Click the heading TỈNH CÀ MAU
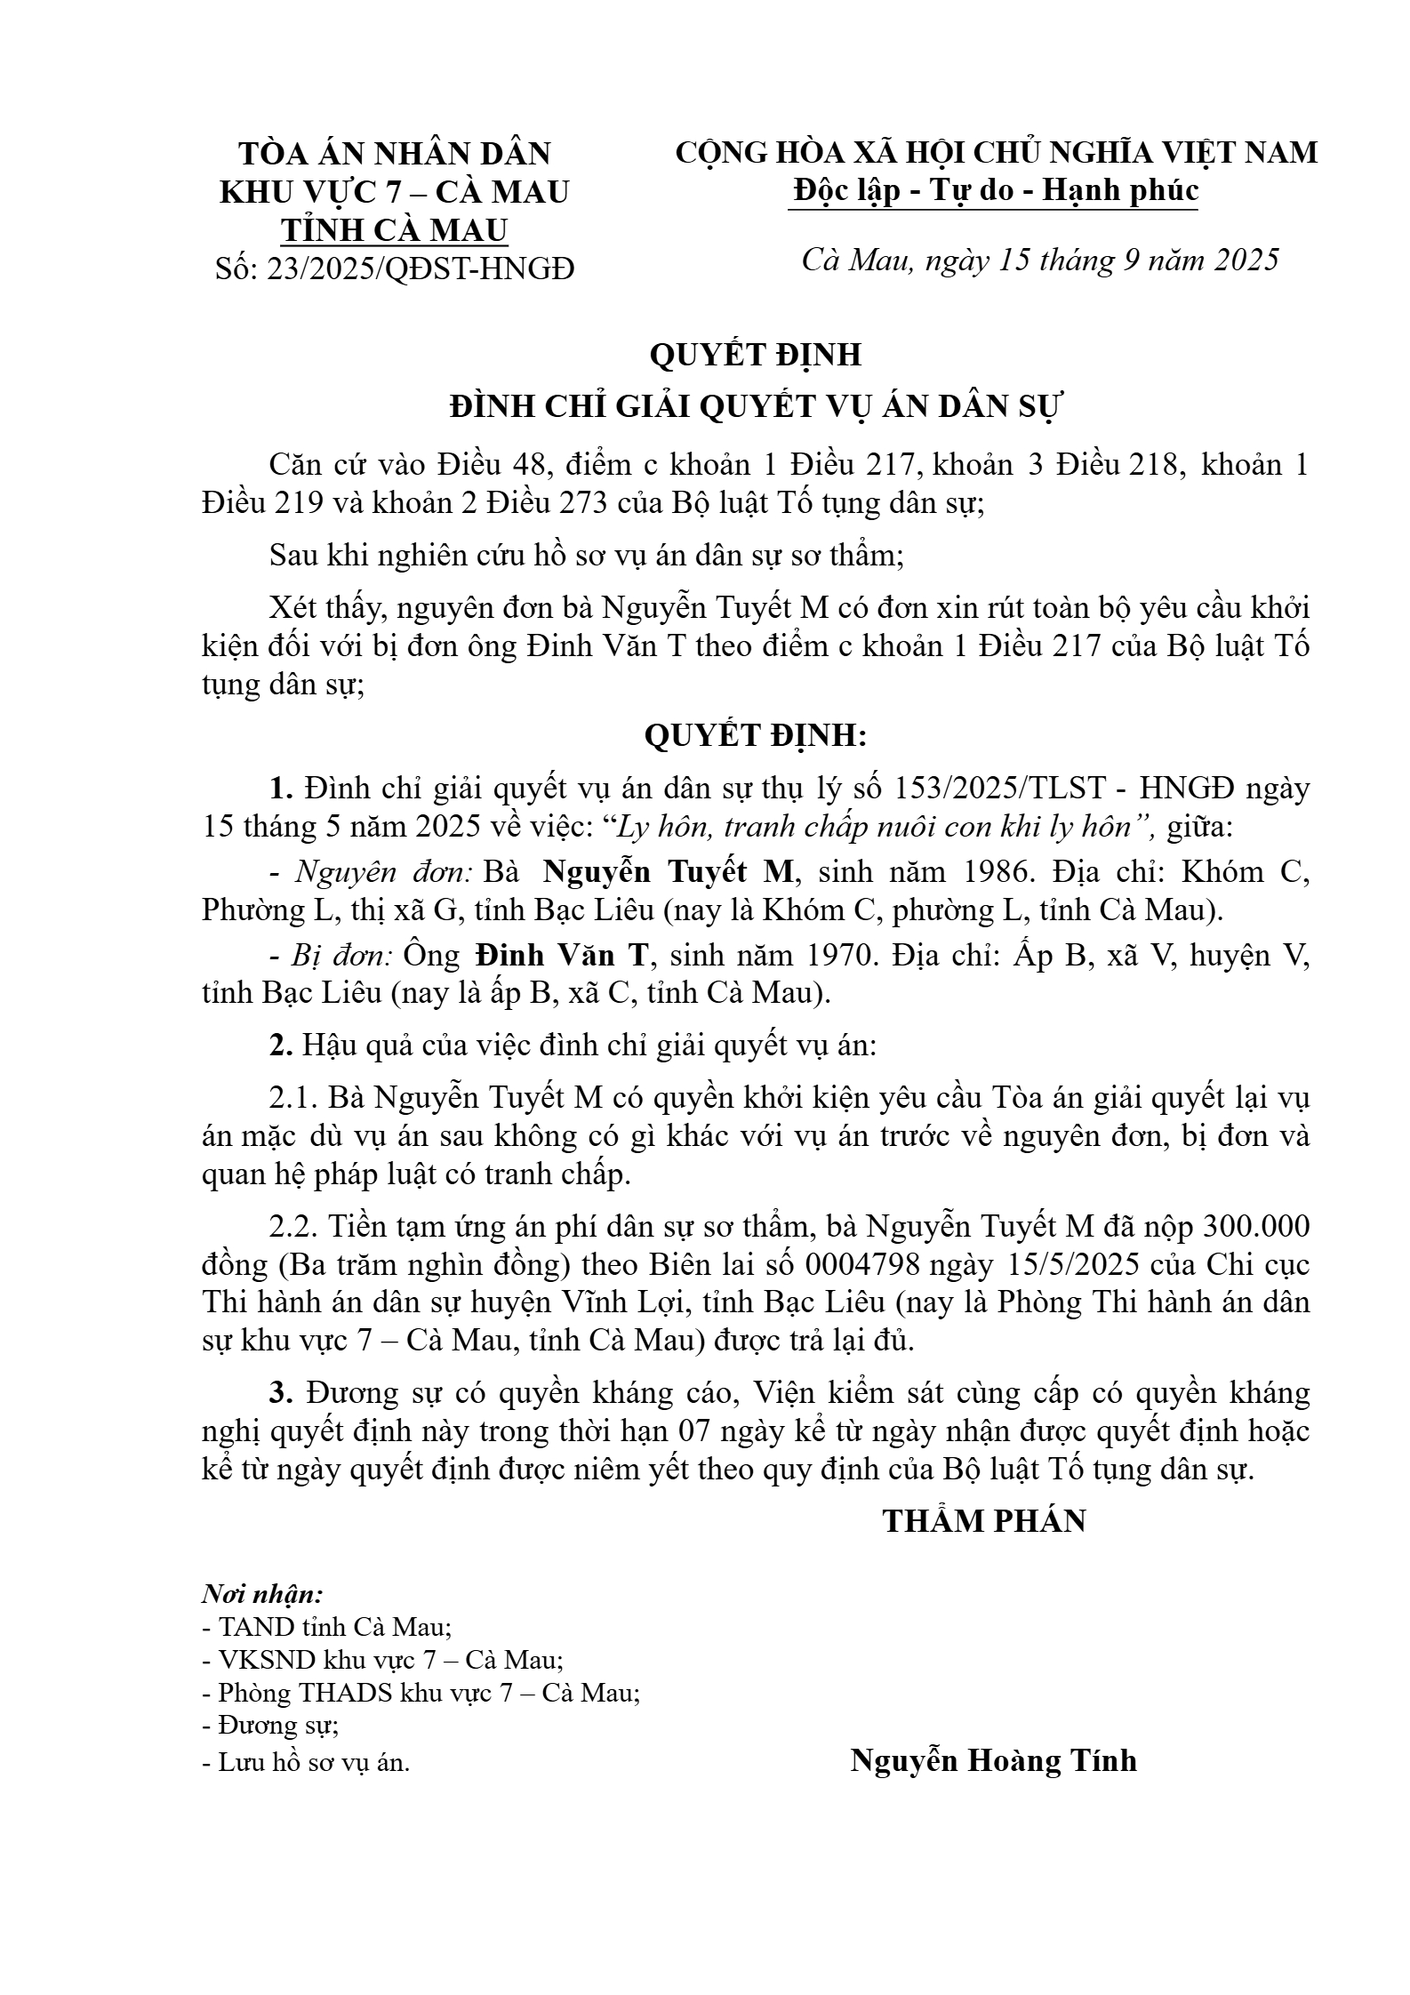click(395, 230)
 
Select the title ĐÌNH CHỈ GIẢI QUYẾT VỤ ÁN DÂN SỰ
click(756, 406)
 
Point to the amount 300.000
click(1256, 1227)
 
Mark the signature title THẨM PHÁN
click(984, 1521)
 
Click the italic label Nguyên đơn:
click(383, 871)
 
